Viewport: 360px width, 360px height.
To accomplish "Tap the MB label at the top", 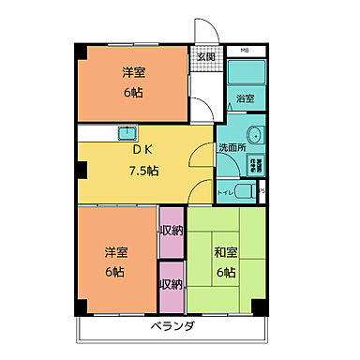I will pos(245,50).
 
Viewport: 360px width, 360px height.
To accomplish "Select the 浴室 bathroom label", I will pos(247,97).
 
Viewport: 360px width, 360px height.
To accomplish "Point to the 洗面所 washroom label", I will pos(232,147).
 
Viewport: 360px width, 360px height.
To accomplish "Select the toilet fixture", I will pos(245,192).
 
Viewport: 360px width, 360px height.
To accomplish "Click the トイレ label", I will pos(225,192).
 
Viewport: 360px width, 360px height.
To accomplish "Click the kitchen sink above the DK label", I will pos(127,132).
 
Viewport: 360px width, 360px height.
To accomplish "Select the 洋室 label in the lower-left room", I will pos(114,251).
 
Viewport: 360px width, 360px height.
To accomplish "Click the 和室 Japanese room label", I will pos(226,251).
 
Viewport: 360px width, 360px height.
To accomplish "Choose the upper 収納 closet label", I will pos(171,231).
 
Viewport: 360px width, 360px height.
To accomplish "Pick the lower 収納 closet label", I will pos(171,284).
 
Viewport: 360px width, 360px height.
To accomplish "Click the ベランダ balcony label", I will pos(172,327).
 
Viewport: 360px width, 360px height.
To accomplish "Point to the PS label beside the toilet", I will pos(262,192).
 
